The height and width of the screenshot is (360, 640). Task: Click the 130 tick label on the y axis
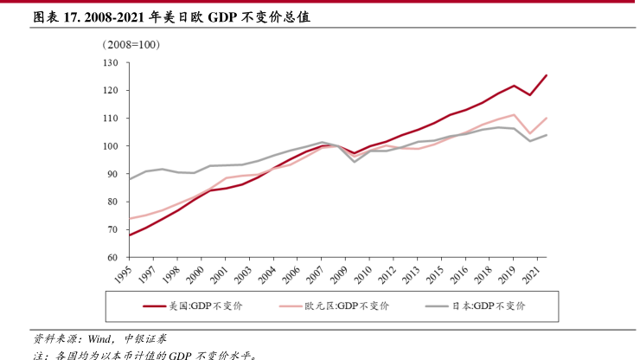click(x=110, y=63)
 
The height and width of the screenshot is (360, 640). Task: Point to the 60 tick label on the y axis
click(x=112, y=258)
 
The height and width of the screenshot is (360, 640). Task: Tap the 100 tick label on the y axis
click(x=110, y=146)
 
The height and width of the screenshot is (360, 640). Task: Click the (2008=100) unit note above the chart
click(x=131, y=44)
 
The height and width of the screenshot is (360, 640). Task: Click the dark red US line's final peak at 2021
click(x=547, y=75)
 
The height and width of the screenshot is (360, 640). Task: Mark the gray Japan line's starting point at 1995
click(x=129, y=179)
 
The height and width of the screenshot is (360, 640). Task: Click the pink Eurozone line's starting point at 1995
click(x=129, y=218)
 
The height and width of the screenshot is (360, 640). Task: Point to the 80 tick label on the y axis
click(x=112, y=202)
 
